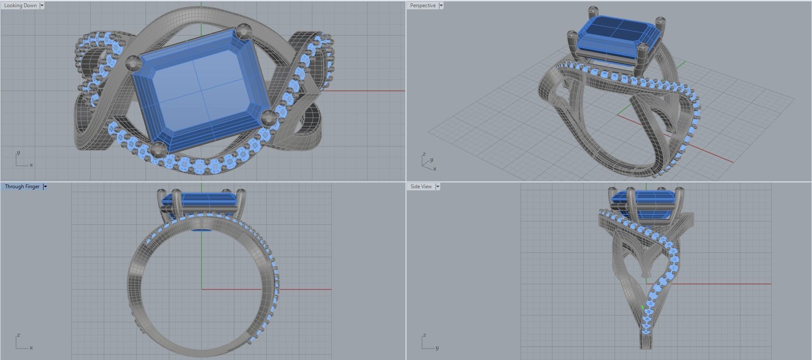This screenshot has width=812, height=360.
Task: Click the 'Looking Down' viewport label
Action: point(20,5)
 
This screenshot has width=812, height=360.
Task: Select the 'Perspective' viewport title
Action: point(422,5)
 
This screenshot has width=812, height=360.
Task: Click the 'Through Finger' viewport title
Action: point(22,187)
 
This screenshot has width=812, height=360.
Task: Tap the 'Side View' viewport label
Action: point(421,187)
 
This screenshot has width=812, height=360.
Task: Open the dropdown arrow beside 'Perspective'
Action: point(441,5)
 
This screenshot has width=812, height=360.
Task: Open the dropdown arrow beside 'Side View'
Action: point(438,187)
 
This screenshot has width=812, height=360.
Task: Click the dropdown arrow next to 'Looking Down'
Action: point(42,5)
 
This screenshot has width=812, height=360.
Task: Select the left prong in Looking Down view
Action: point(134,63)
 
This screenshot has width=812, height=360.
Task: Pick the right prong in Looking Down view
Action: point(268,117)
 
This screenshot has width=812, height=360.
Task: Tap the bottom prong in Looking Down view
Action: point(159,148)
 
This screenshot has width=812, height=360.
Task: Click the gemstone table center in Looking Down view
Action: point(200,90)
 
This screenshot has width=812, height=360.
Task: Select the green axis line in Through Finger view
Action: point(201,262)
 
